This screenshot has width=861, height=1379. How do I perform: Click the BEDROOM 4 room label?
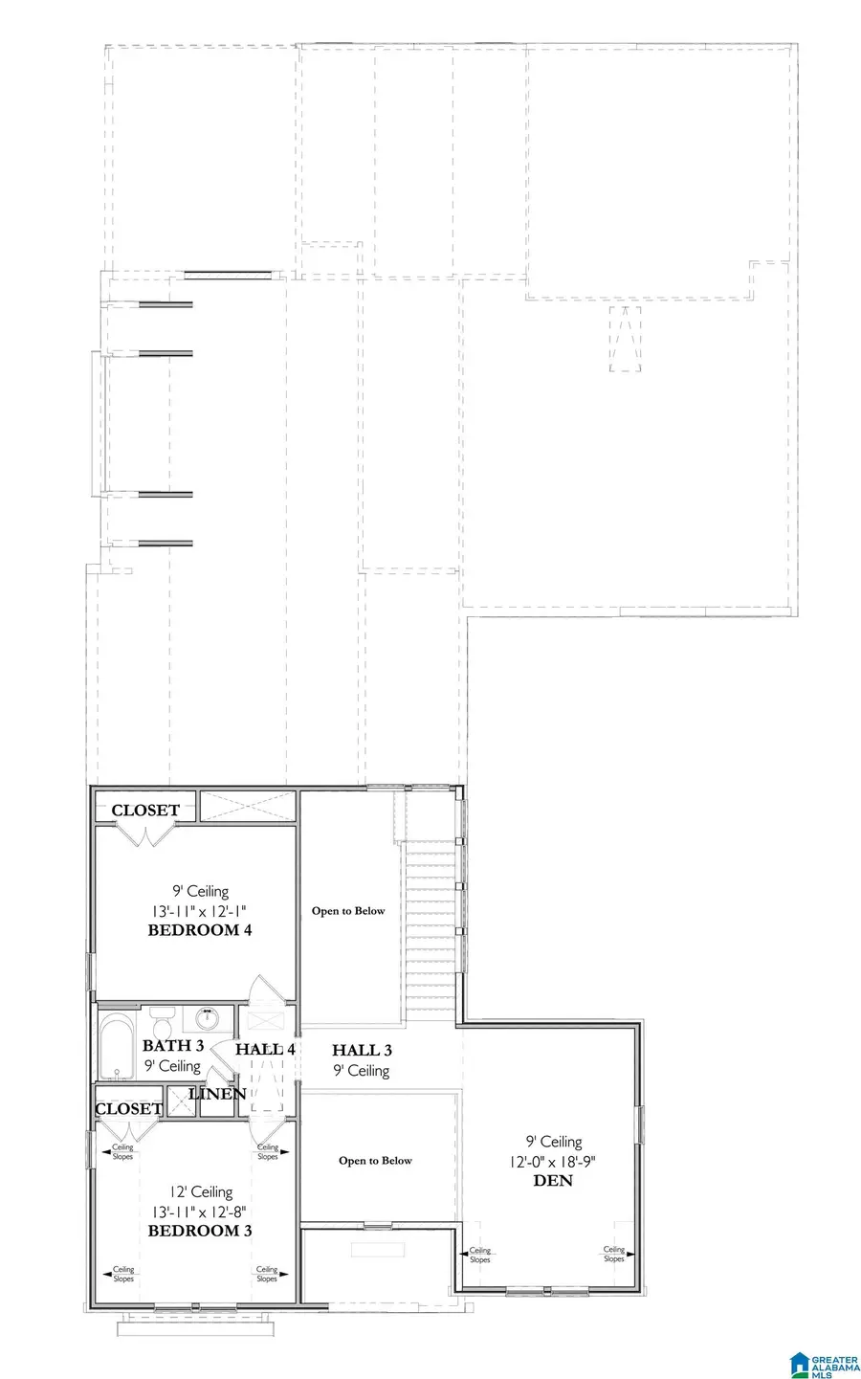(200, 930)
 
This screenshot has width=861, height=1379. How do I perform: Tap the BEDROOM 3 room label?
(200, 1231)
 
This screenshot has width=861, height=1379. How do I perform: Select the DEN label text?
(553, 1181)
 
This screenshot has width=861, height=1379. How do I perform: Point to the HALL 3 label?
(362, 1051)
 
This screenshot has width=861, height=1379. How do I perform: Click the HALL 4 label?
(265, 1049)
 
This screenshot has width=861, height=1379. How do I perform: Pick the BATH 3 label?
(173, 1046)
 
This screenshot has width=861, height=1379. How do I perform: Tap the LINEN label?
(217, 1094)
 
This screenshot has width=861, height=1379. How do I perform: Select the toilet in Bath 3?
(160, 1016)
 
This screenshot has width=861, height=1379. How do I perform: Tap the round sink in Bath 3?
(208, 1016)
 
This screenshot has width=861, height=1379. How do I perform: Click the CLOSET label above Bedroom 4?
(145, 811)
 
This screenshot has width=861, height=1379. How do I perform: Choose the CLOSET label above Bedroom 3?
(128, 1109)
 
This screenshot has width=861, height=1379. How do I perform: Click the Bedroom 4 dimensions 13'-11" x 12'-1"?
(200, 911)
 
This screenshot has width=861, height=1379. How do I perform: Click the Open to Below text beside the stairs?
(348, 911)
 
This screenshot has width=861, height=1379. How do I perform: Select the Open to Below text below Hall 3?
(375, 1161)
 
